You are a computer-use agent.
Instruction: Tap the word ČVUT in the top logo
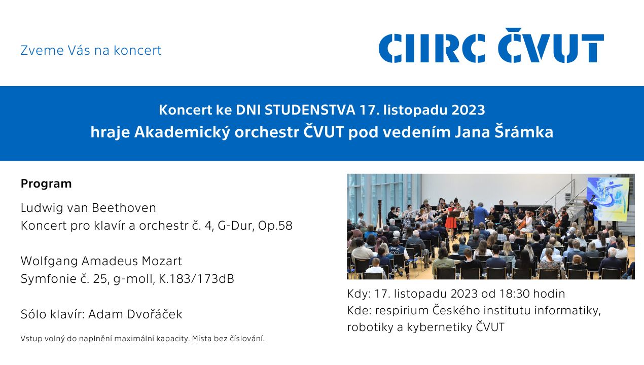[x=551, y=45]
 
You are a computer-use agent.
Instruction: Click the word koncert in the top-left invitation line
[x=138, y=50]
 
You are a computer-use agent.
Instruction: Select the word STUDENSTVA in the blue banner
[x=310, y=110]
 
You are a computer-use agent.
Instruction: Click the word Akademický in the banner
[x=182, y=132]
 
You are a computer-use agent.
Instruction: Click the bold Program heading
[x=46, y=184]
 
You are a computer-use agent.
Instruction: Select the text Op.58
[x=275, y=226]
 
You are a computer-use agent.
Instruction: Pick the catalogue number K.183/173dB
[x=196, y=279]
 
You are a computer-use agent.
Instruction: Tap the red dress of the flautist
[x=450, y=222]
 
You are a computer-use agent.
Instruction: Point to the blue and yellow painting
[x=607, y=199]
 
